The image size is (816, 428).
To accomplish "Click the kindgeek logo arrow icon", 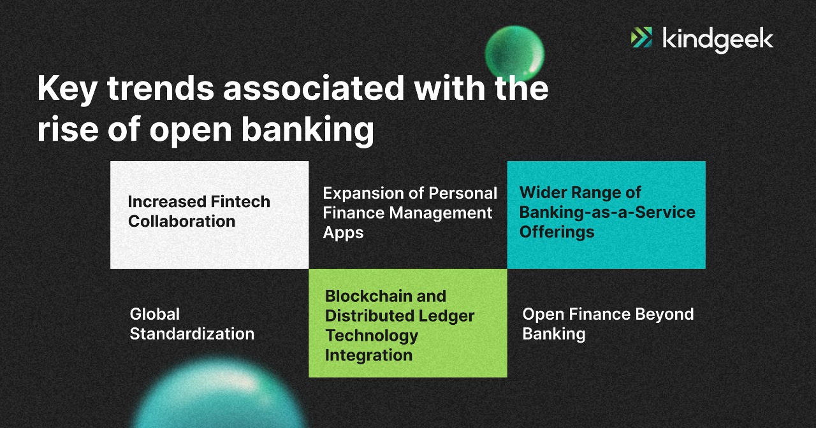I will pos(641,38).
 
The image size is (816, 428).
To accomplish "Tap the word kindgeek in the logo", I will pos(718,39).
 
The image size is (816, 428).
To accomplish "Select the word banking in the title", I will pos(307,129).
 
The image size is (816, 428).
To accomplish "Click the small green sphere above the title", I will pos(514,53).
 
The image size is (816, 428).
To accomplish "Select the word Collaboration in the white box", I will pos(182,222).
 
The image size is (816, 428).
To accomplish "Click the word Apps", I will pos(343,232).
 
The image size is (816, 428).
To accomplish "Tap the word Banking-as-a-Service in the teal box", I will pos(607,212).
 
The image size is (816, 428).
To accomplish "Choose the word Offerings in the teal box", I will pos(557,232).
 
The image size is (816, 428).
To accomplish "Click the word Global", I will pos(155,314).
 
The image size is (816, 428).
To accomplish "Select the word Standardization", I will pos(192,334).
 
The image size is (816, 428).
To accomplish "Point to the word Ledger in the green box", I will pos(446,316).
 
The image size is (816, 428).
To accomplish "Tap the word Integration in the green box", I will pos(368,355).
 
